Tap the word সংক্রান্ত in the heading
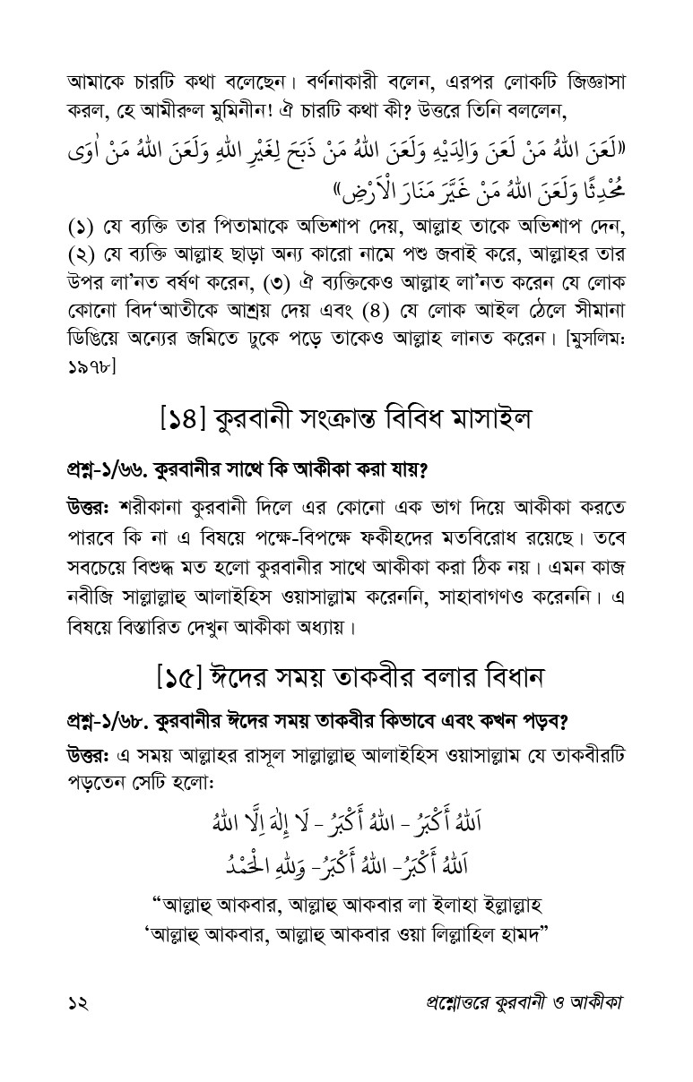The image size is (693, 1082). click(x=345, y=416)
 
